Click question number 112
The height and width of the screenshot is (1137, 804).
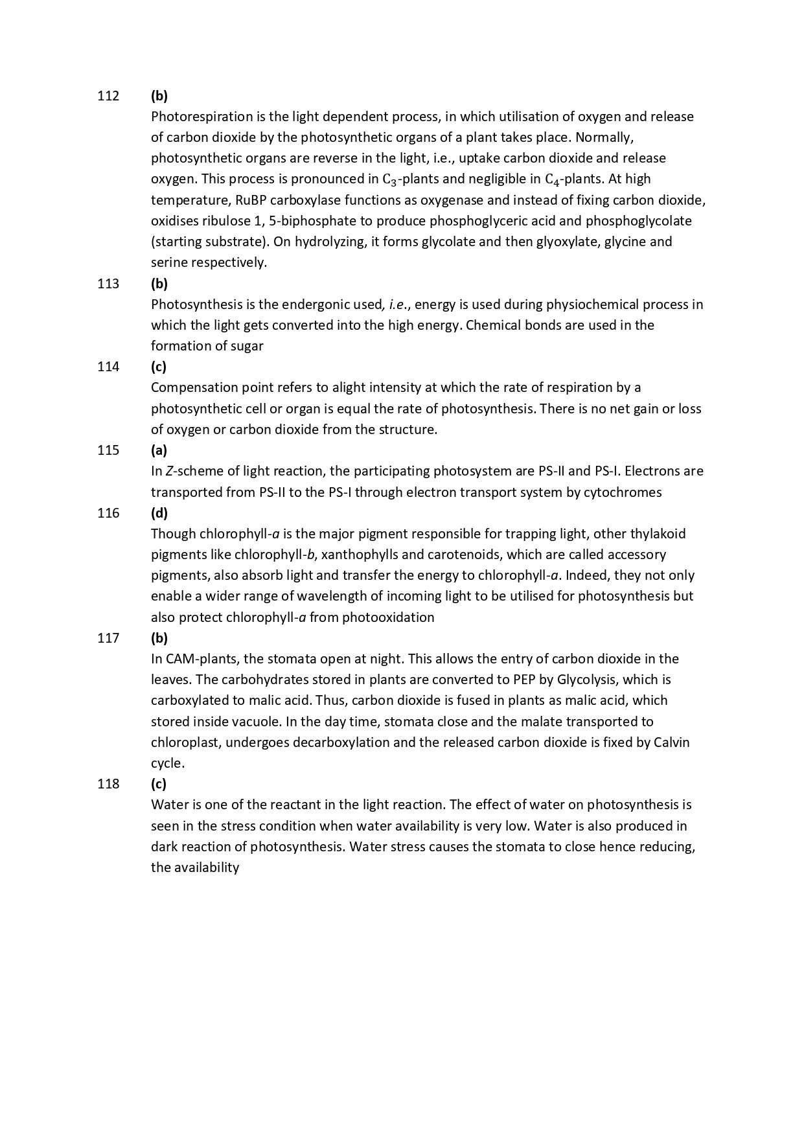108,96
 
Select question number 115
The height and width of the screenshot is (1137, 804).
108,450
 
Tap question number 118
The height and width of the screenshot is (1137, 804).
108,784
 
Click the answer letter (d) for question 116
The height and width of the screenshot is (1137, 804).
159,513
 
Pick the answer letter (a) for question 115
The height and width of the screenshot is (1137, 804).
159,450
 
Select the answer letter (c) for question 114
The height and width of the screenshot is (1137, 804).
159,367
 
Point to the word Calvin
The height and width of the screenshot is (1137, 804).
671,742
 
